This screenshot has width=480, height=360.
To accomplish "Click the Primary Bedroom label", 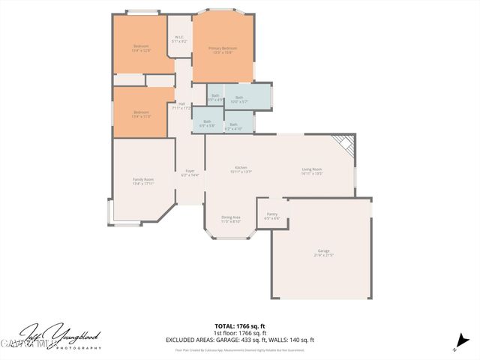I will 223,49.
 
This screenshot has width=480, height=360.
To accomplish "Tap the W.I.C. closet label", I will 179,39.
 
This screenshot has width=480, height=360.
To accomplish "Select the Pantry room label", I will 272,216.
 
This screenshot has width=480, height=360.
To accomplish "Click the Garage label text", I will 324,253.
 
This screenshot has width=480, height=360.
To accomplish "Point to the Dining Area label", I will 230,219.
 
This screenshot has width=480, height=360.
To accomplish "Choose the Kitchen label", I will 241,169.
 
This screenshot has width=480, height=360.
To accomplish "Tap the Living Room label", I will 312,171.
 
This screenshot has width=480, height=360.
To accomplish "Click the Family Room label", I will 143,181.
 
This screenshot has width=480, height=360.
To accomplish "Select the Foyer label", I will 190,172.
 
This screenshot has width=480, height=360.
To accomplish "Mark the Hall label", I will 181,106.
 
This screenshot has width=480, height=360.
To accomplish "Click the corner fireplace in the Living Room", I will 343,143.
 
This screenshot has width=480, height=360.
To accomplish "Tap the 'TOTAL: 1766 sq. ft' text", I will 239,325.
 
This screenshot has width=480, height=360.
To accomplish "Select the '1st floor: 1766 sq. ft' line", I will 239,332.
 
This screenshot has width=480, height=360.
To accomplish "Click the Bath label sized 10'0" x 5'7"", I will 239,99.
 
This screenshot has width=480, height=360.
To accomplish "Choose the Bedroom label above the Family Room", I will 141,114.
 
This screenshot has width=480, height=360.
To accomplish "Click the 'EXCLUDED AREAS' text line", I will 239,339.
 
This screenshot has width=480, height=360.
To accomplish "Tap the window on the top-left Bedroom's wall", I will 142,12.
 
